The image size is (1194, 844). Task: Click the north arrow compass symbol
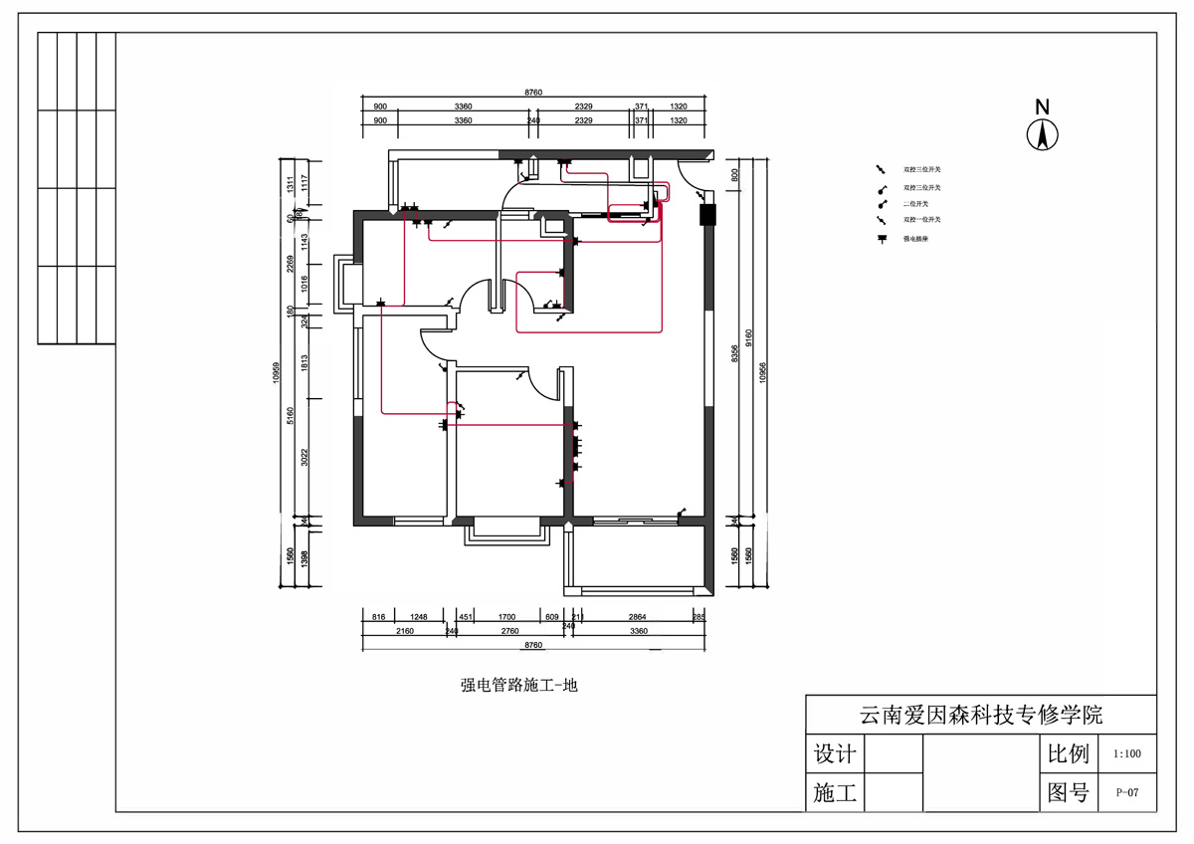pyautogui.click(x=1043, y=133)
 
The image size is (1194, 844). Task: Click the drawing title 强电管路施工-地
pyautogui.click(x=519, y=685)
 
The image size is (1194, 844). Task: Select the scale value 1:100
pyautogui.click(x=1127, y=754)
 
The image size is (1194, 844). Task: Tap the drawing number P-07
pyautogui.click(x=1127, y=793)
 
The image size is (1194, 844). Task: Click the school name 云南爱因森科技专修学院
pyautogui.click(x=980, y=715)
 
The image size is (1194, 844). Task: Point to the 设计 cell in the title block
pyautogui.click(x=834, y=754)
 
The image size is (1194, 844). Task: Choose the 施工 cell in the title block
pyautogui.click(x=834, y=793)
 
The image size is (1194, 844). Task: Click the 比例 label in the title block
pyautogui.click(x=1068, y=754)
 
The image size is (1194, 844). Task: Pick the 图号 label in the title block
pyautogui.click(x=1068, y=793)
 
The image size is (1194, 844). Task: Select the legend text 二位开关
pyautogui.click(x=916, y=203)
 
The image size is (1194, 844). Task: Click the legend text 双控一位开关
pyautogui.click(x=921, y=219)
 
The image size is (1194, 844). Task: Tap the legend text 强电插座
pyautogui.click(x=916, y=239)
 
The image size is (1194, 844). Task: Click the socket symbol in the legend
pyautogui.click(x=881, y=239)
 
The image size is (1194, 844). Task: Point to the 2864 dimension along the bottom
pyautogui.click(x=637, y=618)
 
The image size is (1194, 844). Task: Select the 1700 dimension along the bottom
pyautogui.click(x=506, y=618)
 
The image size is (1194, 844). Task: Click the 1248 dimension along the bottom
pyautogui.click(x=418, y=618)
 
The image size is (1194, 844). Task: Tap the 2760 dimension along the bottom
pyautogui.click(x=509, y=631)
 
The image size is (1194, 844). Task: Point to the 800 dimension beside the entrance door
pyautogui.click(x=734, y=173)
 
